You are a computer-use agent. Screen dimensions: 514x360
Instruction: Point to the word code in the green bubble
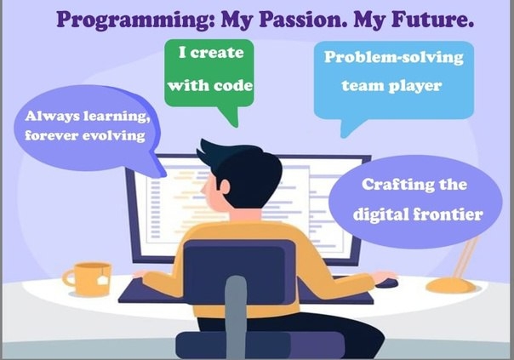point(232,86)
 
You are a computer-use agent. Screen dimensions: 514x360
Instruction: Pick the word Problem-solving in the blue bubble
point(394,58)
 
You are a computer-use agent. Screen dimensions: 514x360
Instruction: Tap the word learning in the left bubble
point(117,116)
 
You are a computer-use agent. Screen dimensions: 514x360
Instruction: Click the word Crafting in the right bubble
point(397,185)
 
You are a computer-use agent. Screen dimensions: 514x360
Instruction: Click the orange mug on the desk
point(89,278)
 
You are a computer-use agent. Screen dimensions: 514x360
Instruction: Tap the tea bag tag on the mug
point(103,280)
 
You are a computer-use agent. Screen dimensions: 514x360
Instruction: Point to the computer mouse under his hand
point(387,283)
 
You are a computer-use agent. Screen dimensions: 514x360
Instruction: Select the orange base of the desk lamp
point(451,286)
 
